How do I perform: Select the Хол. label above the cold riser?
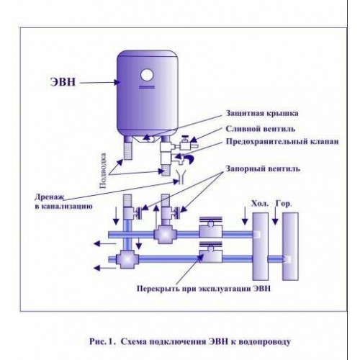(x=257, y=204)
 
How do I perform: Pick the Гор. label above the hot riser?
(x=283, y=204)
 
